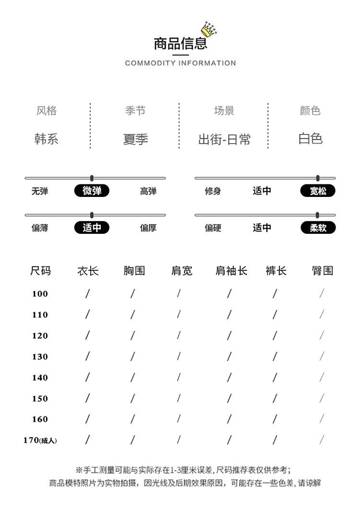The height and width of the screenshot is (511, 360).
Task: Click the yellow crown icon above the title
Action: [209, 29]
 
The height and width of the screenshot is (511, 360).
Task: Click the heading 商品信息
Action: [180, 43]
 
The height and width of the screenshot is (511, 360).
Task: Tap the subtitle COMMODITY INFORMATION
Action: [180, 63]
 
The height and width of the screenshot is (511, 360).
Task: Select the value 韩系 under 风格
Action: [46, 139]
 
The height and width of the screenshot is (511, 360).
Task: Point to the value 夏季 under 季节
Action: [135, 139]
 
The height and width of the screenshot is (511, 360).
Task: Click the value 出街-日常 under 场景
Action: [225, 139]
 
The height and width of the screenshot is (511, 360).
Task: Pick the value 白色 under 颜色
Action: [311, 138]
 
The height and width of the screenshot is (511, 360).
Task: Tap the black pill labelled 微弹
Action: [92, 191]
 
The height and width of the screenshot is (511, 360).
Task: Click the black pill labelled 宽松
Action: [318, 191]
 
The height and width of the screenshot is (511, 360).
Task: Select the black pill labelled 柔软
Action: [318, 228]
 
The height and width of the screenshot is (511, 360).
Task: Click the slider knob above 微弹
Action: [92, 178]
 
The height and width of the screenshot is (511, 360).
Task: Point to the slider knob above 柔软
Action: [317, 215]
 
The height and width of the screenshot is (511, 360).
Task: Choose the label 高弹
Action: [148, 191]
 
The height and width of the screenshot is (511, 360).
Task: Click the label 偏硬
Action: [213, 228]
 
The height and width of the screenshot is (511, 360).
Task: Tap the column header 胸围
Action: [134, 270]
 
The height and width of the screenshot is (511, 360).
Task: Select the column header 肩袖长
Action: [231, 270]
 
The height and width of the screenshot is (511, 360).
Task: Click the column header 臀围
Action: [323, 270]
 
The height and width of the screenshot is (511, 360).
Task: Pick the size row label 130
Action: [40, 356]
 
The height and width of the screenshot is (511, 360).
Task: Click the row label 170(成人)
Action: [40, 440]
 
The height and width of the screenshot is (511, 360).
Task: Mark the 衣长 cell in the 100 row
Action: [87, 293]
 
